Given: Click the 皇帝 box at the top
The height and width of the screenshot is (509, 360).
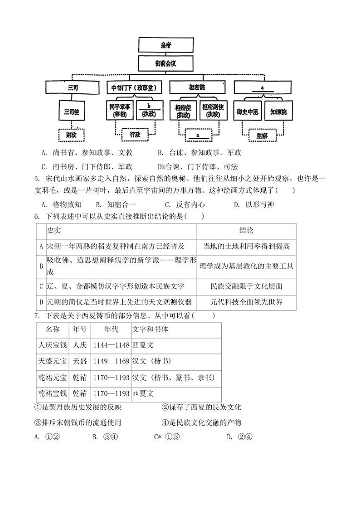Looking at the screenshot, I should coord(166,45).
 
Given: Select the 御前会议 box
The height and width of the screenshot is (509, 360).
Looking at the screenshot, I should coord(166,63).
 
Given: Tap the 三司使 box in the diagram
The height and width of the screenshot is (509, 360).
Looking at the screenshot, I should coord(72,111).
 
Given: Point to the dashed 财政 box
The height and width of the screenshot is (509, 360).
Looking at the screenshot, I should coord(72,135).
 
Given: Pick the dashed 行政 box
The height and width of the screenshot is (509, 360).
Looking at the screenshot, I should coord(135,135).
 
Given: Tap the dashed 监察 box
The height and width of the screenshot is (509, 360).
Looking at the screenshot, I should coord(262,135).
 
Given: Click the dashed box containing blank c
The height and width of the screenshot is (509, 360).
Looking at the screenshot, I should coord(198,135).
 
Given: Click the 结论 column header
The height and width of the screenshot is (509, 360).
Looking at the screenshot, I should coord(246,231).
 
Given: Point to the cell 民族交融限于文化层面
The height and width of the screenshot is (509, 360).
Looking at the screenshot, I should coord(246,286).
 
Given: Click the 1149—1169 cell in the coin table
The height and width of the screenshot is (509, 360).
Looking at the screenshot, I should coord(111,361).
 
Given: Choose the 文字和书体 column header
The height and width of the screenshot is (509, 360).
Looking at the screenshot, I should coord(150,329).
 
